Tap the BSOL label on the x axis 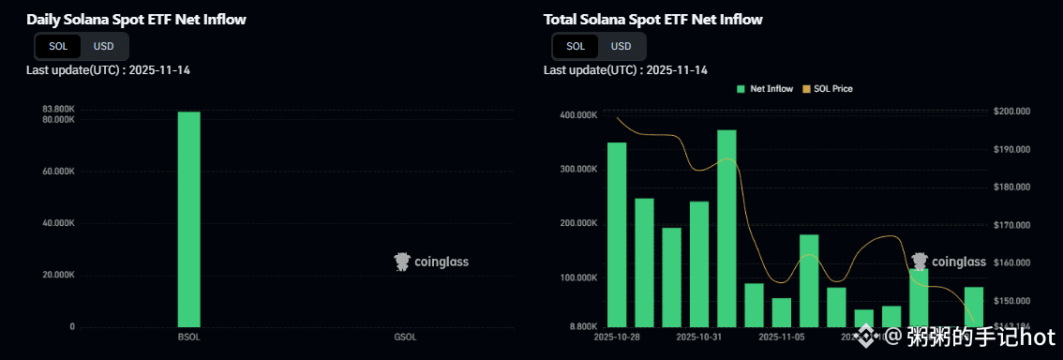pos(188,337)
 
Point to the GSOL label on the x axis pos(405,337)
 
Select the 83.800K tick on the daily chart pos(58,110)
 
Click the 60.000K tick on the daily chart pos(58,172)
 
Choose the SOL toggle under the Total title pos(576,46)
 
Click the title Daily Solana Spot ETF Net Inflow pos(137,19)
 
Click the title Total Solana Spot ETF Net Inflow pos(653,19)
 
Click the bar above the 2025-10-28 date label pos(617,233)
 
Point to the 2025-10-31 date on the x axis pos(698,336)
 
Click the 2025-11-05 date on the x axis pos(782,336)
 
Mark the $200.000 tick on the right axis pos(1011,112)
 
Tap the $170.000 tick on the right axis pos(1011,225)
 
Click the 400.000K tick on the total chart pos(578,115)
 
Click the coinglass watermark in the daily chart pos(431,262)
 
